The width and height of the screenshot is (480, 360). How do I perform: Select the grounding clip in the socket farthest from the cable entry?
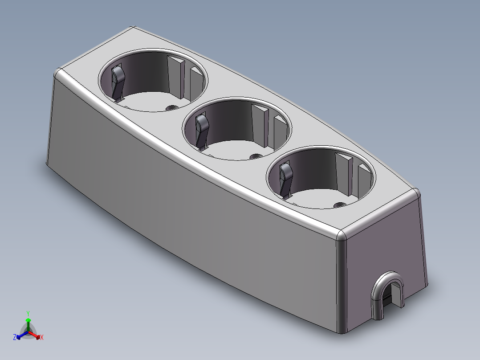(x=118, y=81)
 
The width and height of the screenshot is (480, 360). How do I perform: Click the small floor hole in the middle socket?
(x=256, y=156)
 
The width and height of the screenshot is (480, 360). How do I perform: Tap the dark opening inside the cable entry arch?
(x=389, y=296)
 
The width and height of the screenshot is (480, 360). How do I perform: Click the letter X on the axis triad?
(x=42, y=338)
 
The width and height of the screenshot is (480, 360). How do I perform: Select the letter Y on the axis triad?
(x=28, y=313)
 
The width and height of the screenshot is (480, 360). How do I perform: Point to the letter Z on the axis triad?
(x=15, y=337)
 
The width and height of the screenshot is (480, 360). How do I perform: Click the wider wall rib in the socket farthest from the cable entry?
(x=175, y=76)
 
